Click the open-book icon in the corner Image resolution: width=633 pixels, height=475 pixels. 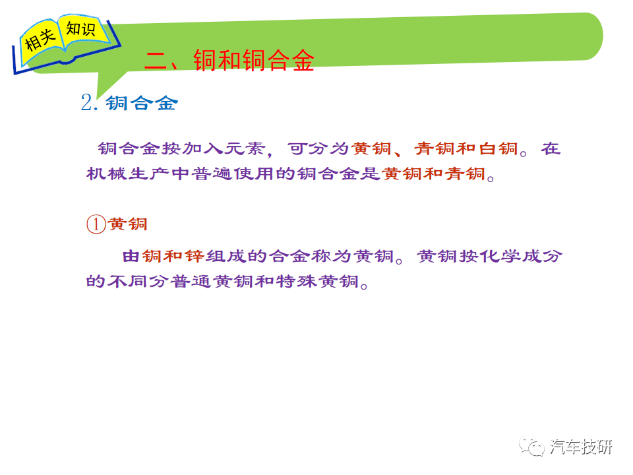67,44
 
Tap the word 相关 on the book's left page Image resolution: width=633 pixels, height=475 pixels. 40,40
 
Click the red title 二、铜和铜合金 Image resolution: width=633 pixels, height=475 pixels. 229,61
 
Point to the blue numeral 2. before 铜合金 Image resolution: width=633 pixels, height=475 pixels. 89,102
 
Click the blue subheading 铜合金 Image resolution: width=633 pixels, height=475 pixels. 142,103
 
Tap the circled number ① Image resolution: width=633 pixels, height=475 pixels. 96,224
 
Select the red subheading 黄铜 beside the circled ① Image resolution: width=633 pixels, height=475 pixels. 127,224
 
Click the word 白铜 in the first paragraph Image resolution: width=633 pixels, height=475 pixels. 498,148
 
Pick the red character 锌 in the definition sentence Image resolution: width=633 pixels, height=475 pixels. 195,256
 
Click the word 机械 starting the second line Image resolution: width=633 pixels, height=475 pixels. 107,174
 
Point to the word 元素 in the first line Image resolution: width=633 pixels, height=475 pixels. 245,148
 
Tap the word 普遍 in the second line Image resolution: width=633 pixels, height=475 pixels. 212,174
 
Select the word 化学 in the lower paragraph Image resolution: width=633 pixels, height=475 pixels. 499,256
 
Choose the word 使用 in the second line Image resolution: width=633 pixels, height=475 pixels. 254,174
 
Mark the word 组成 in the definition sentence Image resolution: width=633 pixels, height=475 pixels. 226,256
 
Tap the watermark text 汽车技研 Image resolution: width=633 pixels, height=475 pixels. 580,447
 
